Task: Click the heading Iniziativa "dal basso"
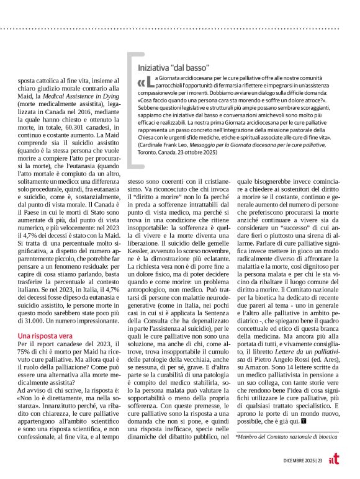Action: tap(173, 67)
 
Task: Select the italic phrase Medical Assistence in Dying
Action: tap(84, 104)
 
